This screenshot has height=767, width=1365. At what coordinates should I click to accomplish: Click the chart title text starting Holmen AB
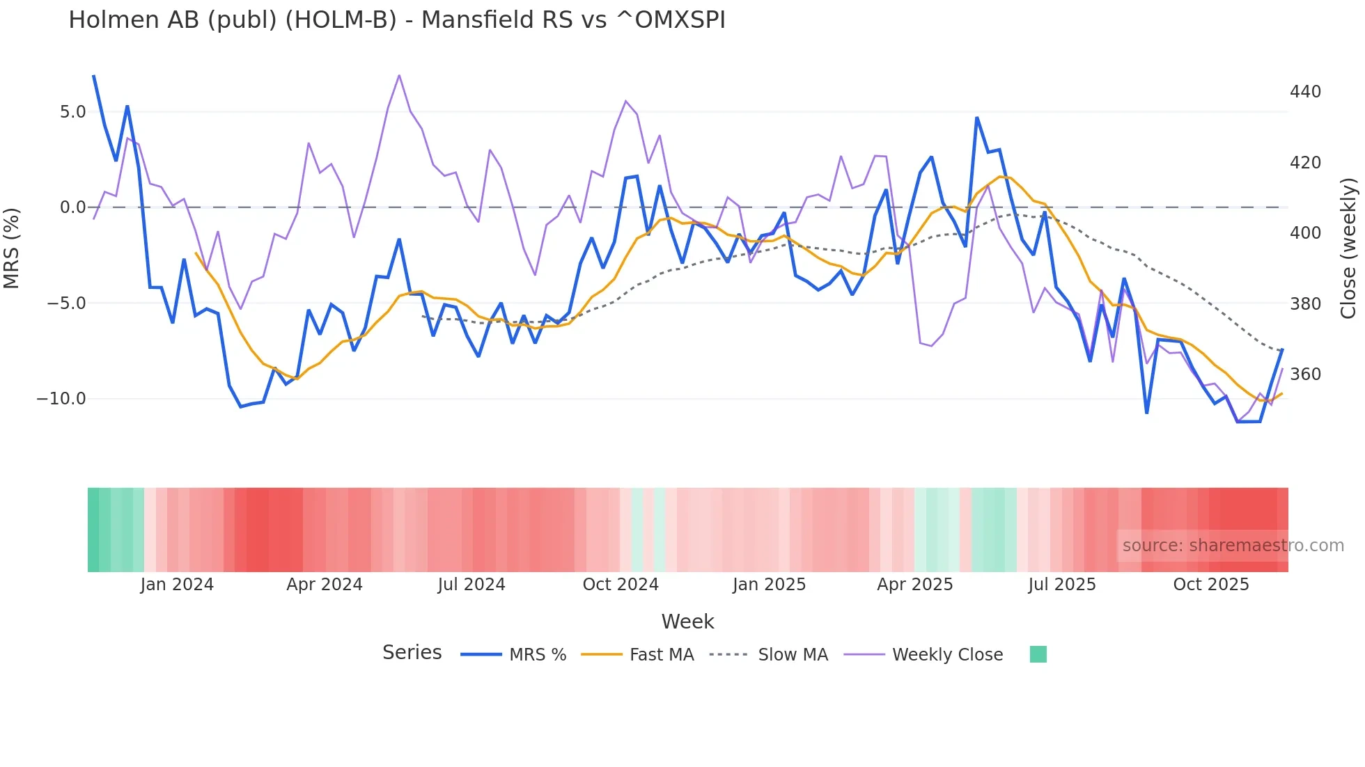point(396,20)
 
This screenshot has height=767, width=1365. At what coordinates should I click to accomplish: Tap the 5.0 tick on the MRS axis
point(72,112)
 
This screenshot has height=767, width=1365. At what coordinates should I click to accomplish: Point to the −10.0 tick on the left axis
point(61,399)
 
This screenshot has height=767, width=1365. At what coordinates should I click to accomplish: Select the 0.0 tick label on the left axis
point(72,207)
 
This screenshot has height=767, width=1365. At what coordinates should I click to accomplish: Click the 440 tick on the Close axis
point(1305,92)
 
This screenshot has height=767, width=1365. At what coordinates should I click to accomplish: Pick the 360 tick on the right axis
point(1305,374)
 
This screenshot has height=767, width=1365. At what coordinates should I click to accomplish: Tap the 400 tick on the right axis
point(1305,233)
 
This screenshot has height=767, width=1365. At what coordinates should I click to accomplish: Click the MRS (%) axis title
point(12,248)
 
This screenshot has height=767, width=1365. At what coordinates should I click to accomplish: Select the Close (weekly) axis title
point(1349,248)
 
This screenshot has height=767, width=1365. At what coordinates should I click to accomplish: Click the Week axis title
point(687,622)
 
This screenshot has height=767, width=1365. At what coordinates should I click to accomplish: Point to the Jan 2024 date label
point(177,585)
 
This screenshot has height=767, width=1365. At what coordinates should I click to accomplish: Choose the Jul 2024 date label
point(471,585)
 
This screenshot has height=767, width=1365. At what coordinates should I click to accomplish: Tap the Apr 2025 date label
point(914,585)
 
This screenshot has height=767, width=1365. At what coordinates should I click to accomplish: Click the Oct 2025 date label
point(1211,585)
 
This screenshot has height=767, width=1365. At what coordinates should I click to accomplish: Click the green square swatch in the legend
point(1038,654)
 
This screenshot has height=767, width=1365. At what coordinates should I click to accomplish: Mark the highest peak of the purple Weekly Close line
point(399,75)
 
